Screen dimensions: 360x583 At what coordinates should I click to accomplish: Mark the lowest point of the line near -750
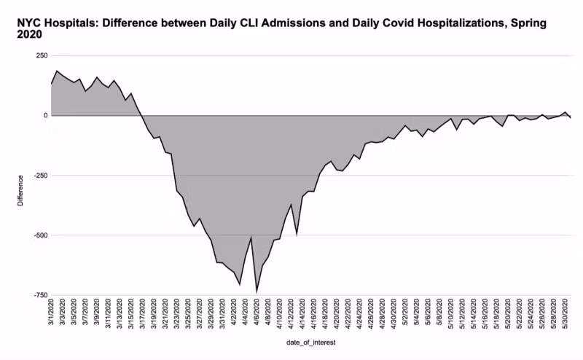click(x=257, y=291)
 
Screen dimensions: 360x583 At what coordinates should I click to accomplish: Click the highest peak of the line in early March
click(x=57, y=71)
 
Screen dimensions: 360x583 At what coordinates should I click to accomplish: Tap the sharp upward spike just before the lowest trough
click(x=251, y=237)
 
